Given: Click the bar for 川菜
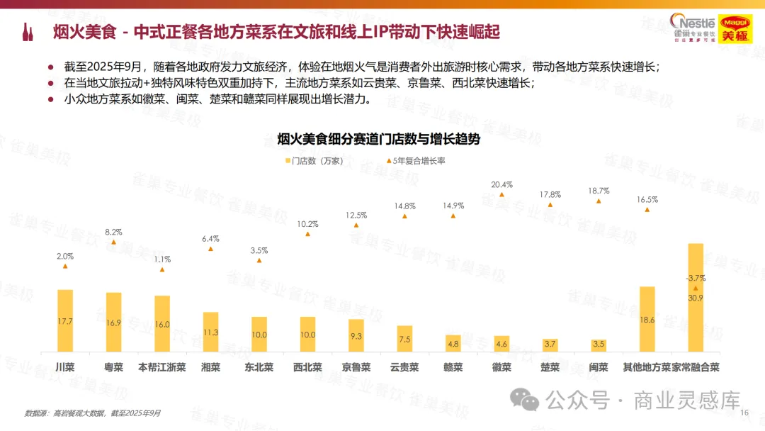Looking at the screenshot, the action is point(65,320).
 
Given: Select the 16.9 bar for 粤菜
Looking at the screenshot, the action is point(113,322).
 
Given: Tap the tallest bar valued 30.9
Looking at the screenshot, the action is point(696,298).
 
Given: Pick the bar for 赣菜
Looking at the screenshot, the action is point(453,344).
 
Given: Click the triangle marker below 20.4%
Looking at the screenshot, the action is point(501,195).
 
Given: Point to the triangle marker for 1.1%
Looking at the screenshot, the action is point(162,269).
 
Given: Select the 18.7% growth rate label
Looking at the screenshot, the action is point(599,191).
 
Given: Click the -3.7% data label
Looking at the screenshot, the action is point(696,278).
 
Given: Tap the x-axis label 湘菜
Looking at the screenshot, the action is point(211,367).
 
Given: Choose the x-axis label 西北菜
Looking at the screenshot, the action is point(307,367).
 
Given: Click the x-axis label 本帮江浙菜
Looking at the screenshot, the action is point(162,367).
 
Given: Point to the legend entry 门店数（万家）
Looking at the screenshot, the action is point(314,161).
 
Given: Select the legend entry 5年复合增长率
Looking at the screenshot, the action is point(416,161).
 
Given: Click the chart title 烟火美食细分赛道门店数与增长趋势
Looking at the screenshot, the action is point(378,139).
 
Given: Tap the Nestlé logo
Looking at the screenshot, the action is point(693,28).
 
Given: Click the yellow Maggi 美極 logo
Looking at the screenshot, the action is point(735,29).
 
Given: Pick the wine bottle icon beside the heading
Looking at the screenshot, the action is point(28,32).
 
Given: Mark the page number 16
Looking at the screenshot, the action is point(744,413).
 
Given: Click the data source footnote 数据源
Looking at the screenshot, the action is point(93,413).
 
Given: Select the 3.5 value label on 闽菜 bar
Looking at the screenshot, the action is point(599,344).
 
